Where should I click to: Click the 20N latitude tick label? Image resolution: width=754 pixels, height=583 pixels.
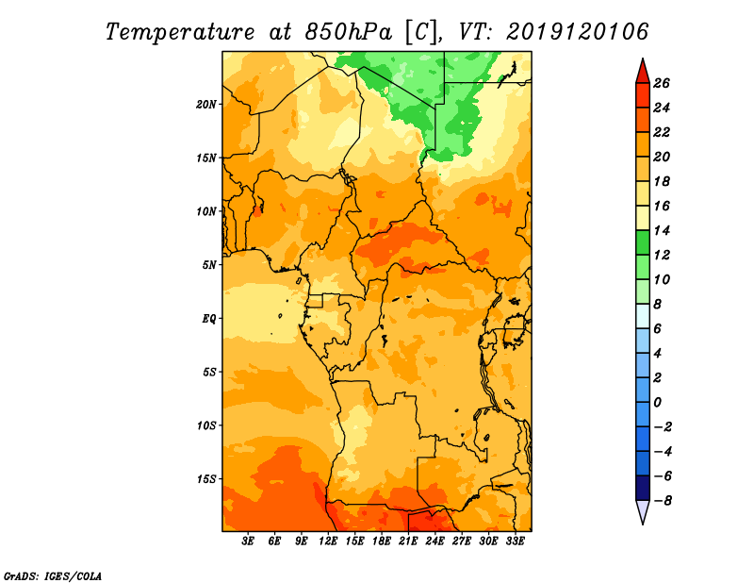click(207, 104)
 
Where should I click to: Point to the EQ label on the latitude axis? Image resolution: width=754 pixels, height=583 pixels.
click(209, 319)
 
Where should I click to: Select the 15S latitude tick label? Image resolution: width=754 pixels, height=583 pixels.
click(207, 479)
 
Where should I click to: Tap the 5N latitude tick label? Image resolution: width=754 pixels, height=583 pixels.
click(209, 265)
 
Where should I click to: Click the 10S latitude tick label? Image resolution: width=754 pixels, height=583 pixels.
click(207, 425)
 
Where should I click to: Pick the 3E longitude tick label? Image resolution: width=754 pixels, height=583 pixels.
click(249, 541)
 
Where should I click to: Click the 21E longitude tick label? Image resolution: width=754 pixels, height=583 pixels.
click(409, 541)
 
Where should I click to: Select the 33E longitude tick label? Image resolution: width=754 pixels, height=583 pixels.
click(516, 541)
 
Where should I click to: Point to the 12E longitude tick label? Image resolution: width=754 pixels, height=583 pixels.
click(329, 541)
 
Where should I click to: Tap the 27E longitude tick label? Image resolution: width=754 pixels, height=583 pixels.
click(462, 541)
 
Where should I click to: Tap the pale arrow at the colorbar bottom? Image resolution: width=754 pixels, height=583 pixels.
click(641, 511)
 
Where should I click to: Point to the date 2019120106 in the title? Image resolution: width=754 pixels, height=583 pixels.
click(578, 31)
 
